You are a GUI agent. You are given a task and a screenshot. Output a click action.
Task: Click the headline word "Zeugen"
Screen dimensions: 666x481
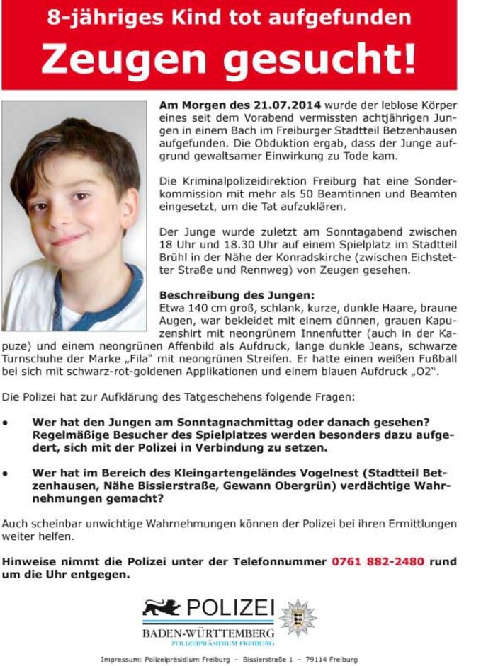pos(126,59)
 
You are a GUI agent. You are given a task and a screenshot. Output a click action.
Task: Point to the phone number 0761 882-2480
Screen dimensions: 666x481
pos(378,561)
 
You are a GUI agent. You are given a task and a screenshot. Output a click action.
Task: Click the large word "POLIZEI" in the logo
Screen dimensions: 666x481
pos(230,607)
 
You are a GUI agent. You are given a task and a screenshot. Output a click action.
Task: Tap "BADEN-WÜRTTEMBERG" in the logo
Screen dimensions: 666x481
pos(208,631)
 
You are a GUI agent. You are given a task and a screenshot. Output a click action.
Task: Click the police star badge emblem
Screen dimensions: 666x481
pos(298,617)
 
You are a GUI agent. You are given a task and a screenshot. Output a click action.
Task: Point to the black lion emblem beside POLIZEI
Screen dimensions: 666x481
pos(162,607)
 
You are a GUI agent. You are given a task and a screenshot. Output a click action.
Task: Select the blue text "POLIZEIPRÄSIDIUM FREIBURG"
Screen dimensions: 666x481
pos(222,643)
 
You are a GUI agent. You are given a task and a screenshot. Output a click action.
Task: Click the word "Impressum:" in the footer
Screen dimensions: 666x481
pos(123,660)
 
